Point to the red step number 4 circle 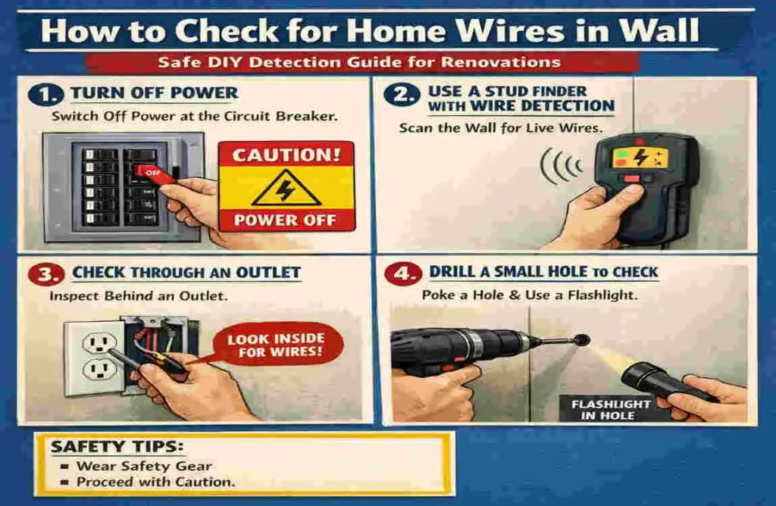coord(402,273)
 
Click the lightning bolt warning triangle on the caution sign coord(285,189)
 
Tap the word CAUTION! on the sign coord(285,156)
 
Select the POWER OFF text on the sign coord(285,221)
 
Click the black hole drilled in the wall coord(581,339)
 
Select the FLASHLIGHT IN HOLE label coord(611,410)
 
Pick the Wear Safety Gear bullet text coord(144,466)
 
